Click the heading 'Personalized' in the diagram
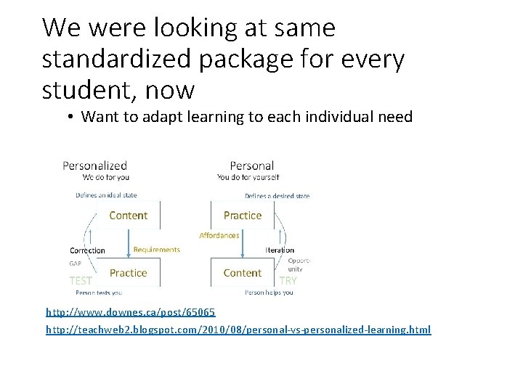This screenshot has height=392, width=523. pos(94,166)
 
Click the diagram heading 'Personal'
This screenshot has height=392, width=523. pos(251,166)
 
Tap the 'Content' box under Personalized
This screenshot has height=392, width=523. pos(128,216)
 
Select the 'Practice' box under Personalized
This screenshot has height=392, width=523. pos(128,273)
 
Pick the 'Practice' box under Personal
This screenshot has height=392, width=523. pos(243,216)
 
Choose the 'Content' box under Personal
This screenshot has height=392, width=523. pos(243,273)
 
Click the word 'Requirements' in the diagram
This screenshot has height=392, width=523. pos(156,250)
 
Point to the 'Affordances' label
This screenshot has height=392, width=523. pos(219,235)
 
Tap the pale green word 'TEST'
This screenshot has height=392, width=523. pos(81,280)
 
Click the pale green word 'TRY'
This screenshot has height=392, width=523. pos(288,280)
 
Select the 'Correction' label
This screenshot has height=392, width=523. pos(87,250)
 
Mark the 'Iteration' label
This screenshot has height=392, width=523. pos(280,250)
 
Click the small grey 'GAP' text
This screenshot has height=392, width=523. pos(76,264)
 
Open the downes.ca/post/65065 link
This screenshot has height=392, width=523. pos(131,312)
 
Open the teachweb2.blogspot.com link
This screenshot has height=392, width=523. pos(238,330)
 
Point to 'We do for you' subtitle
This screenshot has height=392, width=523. pos(106,177)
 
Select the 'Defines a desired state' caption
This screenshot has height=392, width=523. pos(277,196)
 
